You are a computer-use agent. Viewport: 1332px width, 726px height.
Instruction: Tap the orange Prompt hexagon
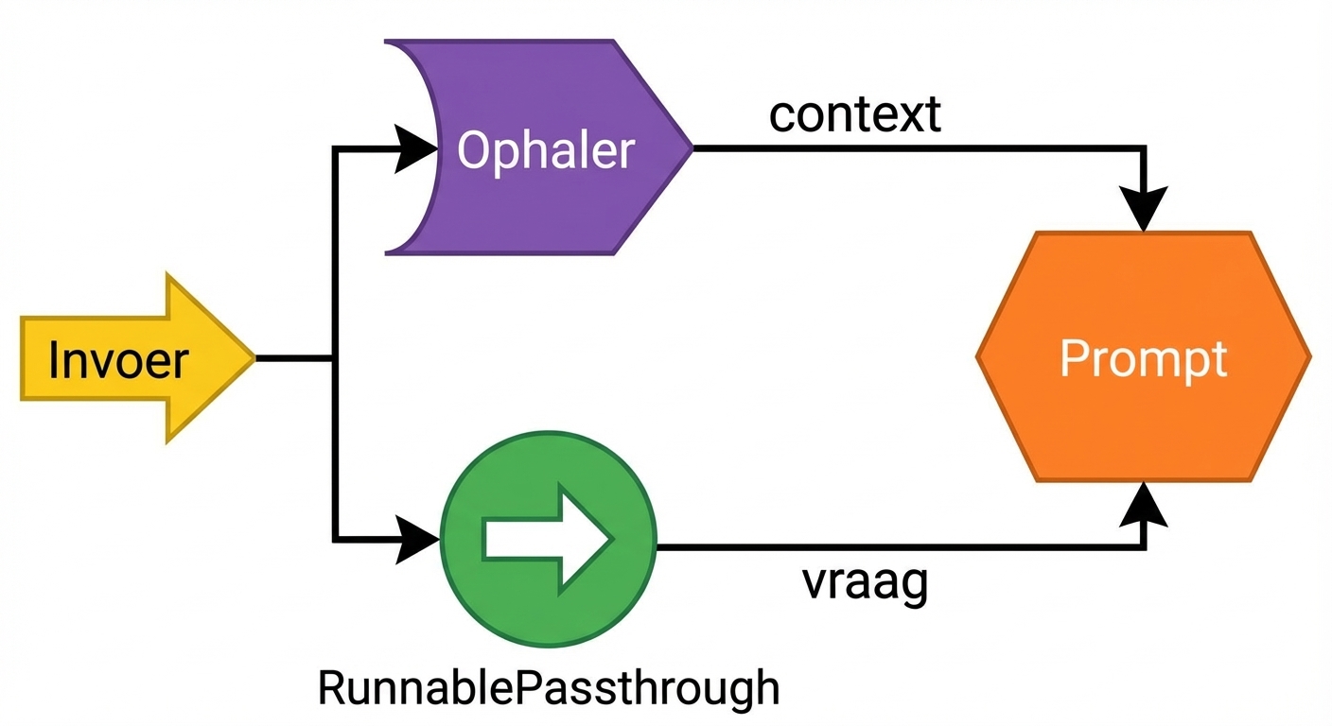pyautogui.click(x=1143, y=357)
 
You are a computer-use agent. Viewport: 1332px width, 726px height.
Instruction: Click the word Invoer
pyautogui.click(x=118, y=360)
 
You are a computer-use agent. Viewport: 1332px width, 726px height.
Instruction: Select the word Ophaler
pyautogui.click(x=546, y=149)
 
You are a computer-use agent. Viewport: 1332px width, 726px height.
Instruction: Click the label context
pyautogui.click(x=855, y=113)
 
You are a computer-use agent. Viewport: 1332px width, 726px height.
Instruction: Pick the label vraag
pyautogui.click(x=866, y=583)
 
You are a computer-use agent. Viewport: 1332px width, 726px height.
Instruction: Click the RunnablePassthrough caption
pyautogui.click(x=549, y=687)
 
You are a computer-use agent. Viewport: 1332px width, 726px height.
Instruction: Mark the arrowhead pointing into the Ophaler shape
pyautogui.click(x=416, y=148)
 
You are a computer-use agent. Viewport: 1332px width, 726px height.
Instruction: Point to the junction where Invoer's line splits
pyautogui.click(x=334, y=358)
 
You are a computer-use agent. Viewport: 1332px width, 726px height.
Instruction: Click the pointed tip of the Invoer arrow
pyautogui.click(x=254, y=358)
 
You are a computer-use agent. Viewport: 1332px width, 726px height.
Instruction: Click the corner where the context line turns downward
pyautogui.click(x=1144, y=148)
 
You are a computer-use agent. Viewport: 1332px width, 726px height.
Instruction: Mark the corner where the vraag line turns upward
pyautogui.click(x=1144, y=546)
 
